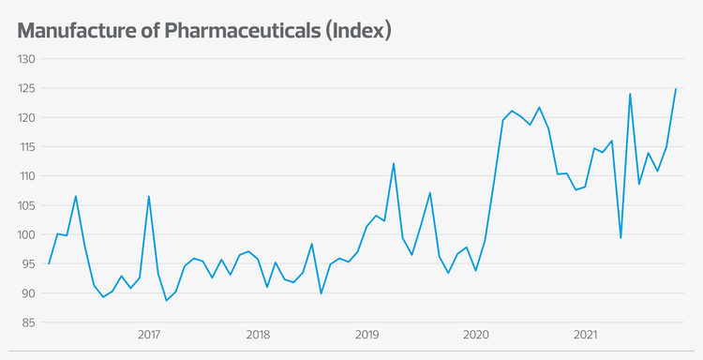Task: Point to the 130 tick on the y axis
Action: (x=26, y=59)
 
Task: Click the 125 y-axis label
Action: (x=26, y=88)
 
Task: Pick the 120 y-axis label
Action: (x=26, y=117)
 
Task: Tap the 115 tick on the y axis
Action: (x=26, y=147)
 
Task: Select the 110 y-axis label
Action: (x=26, y=176)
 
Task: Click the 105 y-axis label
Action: (x=26, y=205)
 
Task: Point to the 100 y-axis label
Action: (x=26, y=234)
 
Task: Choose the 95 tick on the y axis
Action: (x=28, y=264)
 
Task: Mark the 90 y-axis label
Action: (x=28, y=293)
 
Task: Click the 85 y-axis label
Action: (x=28, y=322)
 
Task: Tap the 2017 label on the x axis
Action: (x=149, y=335)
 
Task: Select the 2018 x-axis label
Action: (x=258, y=335)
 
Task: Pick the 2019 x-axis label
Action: (x=367, y=335)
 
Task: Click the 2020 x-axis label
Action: (x=476, y=335)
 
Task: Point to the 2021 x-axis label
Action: (x=586, y=335)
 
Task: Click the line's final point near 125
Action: (x=676, y=89)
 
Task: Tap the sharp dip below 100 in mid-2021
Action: (x=621, y=238)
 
